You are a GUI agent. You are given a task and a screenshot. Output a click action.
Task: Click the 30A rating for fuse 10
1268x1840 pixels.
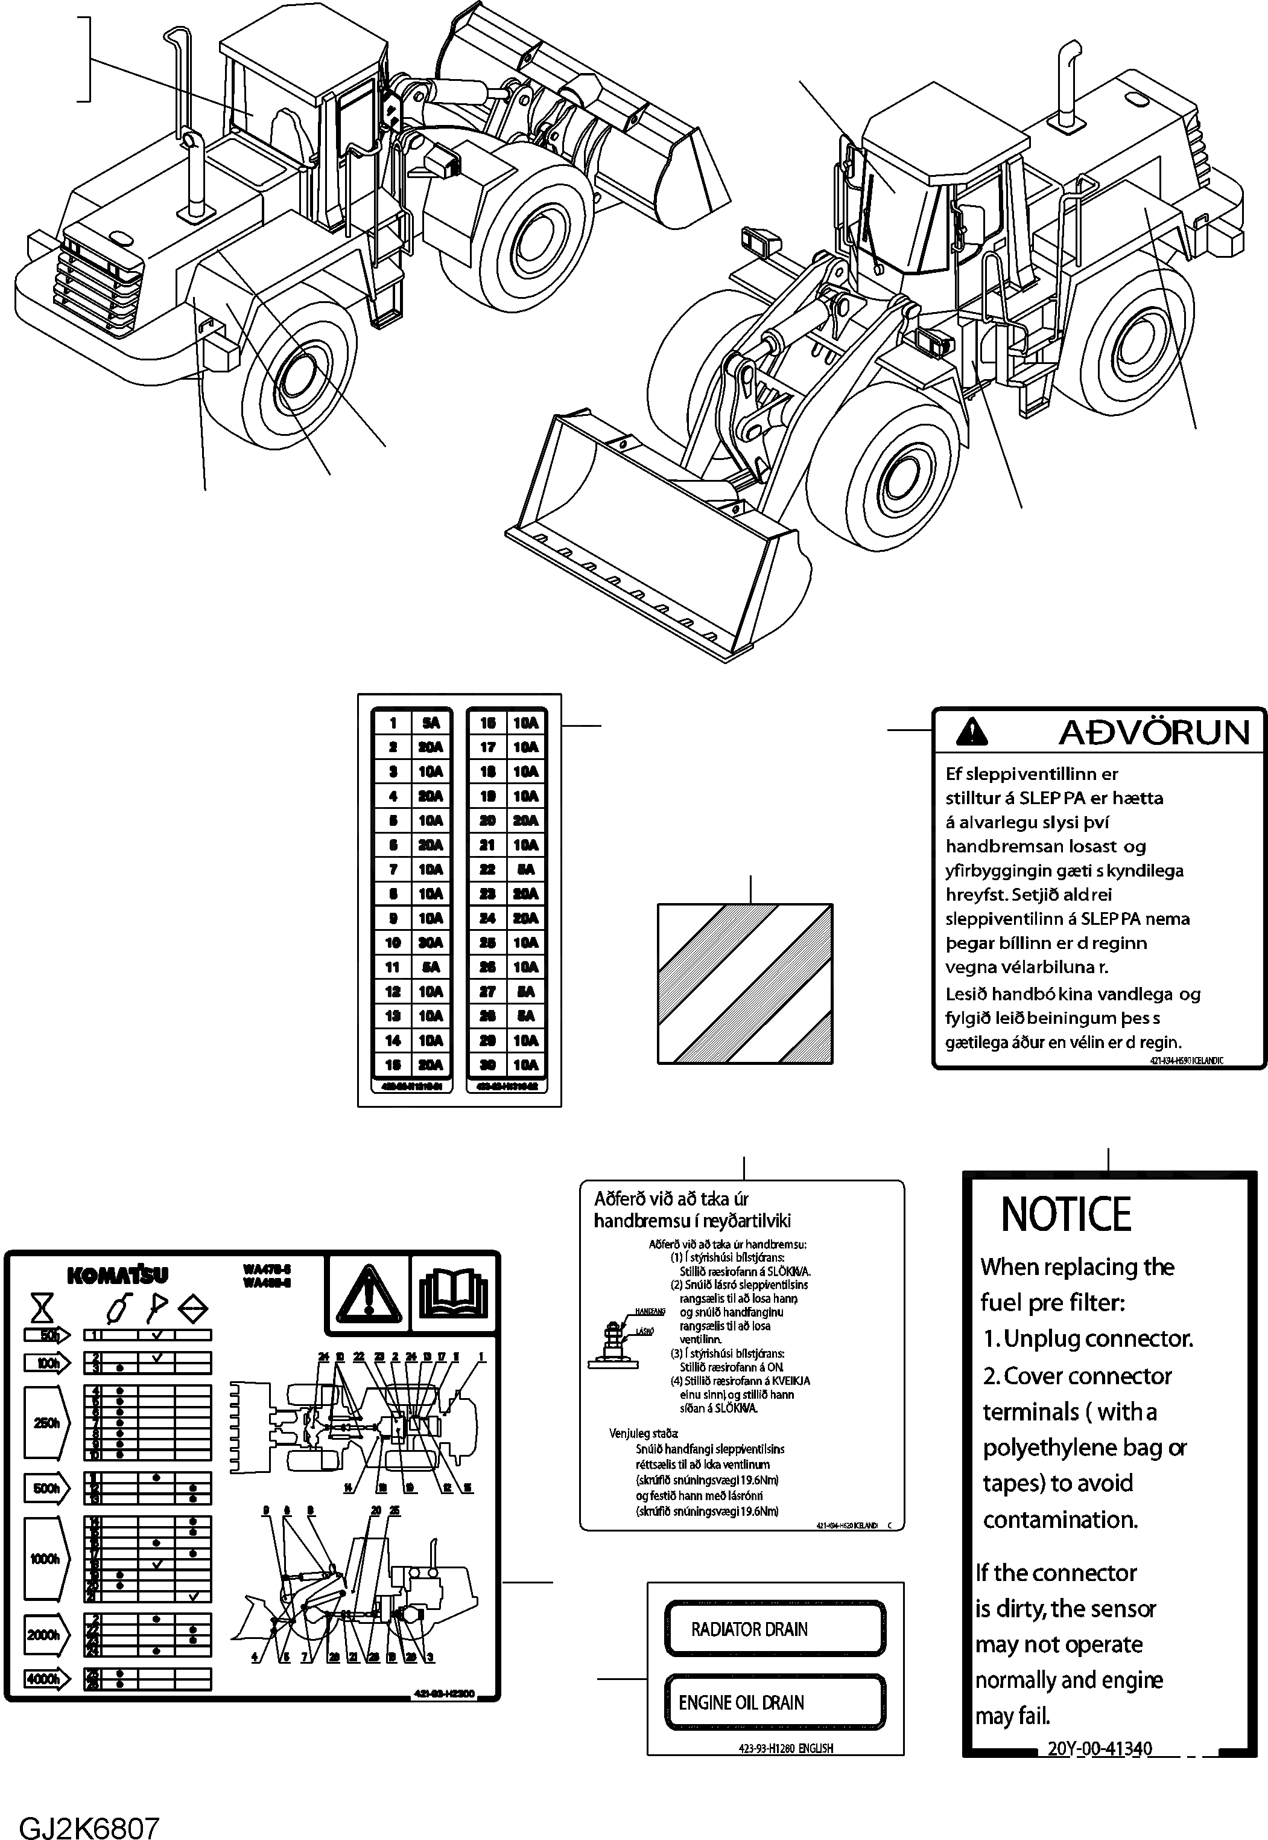(431, 943)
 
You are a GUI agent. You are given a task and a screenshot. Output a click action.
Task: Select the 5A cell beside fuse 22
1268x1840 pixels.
(525, 869)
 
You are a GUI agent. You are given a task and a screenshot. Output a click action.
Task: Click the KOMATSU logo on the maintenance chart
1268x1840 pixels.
(118, 1276)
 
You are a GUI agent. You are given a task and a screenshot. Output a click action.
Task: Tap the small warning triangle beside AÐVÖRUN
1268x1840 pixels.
(972, 731)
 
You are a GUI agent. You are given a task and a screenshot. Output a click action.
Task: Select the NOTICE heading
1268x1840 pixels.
(1065, 1215)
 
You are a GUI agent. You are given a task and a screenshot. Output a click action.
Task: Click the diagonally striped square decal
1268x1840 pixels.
(744, 984)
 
